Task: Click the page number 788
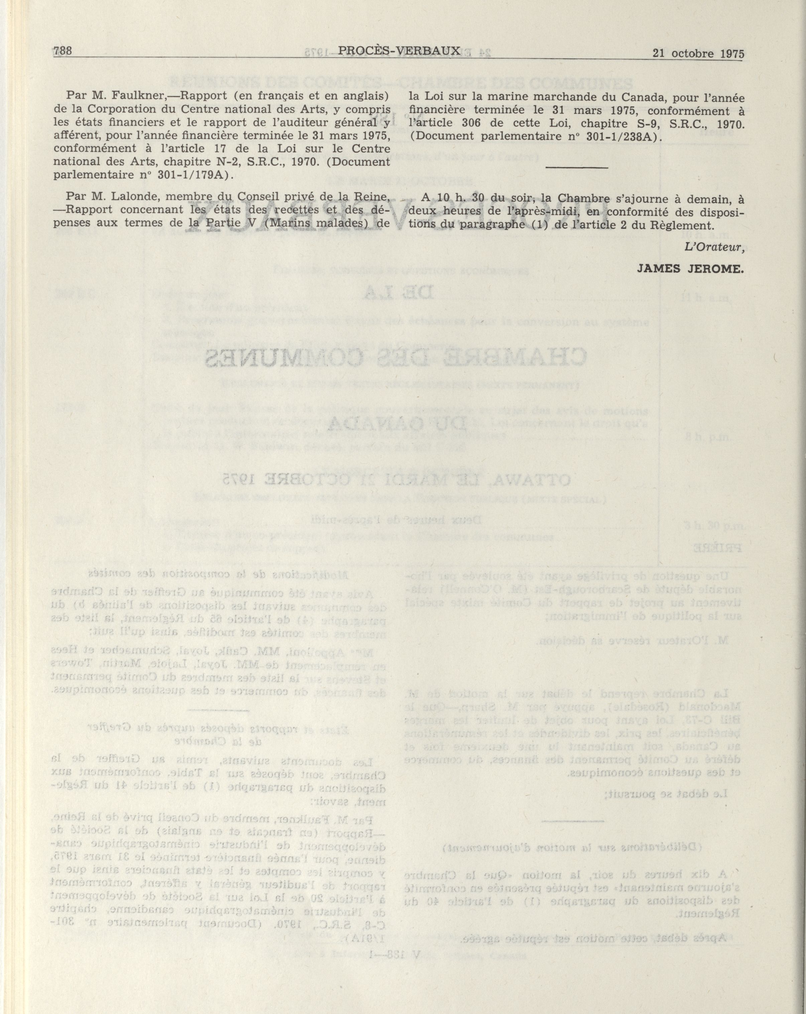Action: (63, 51)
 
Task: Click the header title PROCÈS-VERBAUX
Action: (399, 51)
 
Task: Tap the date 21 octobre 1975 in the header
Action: (698, 54)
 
